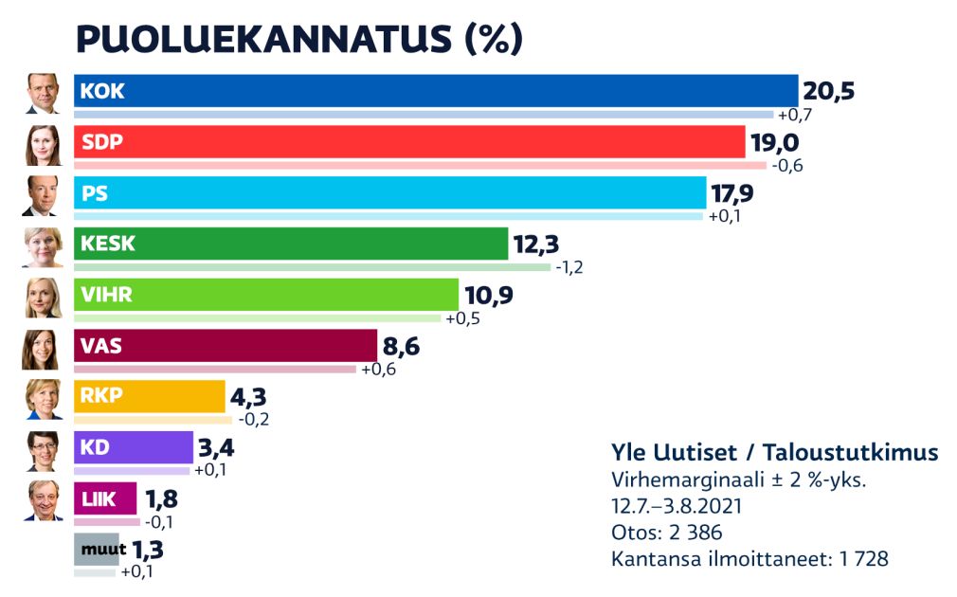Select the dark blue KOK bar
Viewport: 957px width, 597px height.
click(436, 91)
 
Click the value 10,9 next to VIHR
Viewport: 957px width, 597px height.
click(488, 295)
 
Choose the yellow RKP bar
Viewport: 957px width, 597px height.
click(149, 396)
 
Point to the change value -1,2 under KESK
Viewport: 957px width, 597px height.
click(569, 267)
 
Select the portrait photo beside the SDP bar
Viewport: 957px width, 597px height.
click(43, 144)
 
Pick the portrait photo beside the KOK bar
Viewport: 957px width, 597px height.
click(43, 93)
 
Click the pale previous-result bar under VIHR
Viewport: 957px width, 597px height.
click(257, 317)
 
